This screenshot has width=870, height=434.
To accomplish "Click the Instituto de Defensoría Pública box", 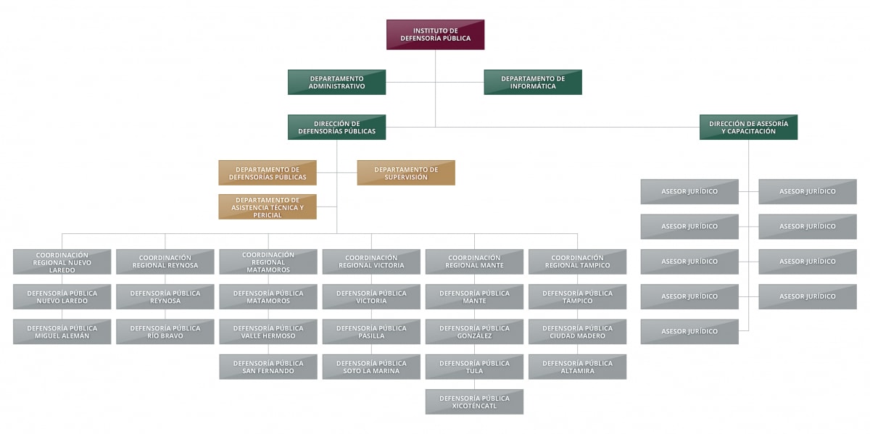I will pyautogui.click(x=435, y=34).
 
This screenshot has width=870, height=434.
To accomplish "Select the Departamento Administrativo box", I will pyautogui.click(x=336, y=82).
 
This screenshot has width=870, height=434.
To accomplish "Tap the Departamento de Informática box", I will pyautogui.click(x=533, y=82).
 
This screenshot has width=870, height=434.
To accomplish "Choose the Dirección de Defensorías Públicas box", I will pyautogui.click(x=336, y=127).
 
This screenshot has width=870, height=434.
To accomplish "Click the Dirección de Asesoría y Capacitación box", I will pyautogui.click(x=748, y=127).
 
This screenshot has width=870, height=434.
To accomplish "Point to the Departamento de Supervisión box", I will pyautogui.click(x=406, y=172).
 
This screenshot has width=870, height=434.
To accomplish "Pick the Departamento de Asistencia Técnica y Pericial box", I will pyautogui.click(x=268, y=206).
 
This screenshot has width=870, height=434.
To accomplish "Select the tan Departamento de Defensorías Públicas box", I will pyautogui.click(x=268, y=172).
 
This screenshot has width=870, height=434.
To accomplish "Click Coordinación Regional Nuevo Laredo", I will pyautogui.click(x=62, y=262).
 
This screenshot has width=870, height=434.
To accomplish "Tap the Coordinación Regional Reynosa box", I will pyautogui.click(x=165, y=262).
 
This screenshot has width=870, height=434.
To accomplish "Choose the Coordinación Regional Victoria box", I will pyautogui.click(x=371, y=262).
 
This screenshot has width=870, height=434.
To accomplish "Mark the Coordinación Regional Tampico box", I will pyautogui.click(x=577, y=262).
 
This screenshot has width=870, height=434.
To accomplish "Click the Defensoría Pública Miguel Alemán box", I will pyautogui.click(x=62, y=331).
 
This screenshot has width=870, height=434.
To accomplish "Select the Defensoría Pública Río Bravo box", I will pyautogui.click(x=165, y=331).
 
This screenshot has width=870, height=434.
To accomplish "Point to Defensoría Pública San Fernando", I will pyautogui.click(x=268, y=367).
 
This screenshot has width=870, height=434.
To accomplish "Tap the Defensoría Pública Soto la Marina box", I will pyautogui.click(x=371, y=367).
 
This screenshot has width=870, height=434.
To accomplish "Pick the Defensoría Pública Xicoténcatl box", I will pyautogui.click(x=474, y=401).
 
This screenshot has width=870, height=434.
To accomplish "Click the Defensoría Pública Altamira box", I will pyautogui.click(x=577, y=367).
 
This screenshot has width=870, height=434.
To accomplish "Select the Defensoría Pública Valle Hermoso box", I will pyautogui.click(x=268, y=331).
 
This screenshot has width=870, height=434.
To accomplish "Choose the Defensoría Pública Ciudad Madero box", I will pyautogui.click(x=577, y=331).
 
